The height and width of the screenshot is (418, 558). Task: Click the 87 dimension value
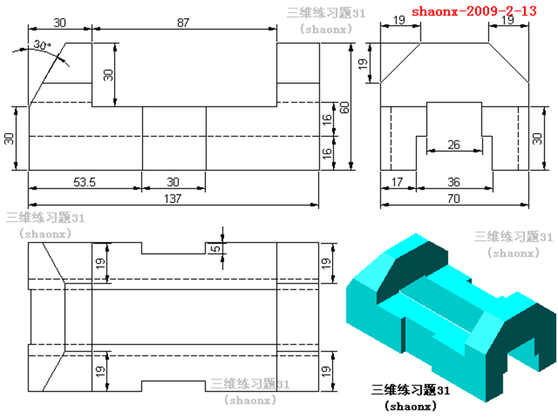pos(184,22)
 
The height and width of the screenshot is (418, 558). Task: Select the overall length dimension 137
pos(173,199)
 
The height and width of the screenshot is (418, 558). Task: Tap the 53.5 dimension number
pos(84,182)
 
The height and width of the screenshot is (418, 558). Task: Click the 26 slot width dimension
pos(454,145)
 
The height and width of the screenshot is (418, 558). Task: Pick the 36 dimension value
pos(454,182)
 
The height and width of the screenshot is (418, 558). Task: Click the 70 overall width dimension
pos(454,199)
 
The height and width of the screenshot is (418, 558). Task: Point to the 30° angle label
pos(42,45)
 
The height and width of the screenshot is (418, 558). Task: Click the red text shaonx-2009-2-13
pos(474,10)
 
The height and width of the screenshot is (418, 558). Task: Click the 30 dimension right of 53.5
pos(173,182)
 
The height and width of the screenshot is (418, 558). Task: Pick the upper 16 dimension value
pos(328,121)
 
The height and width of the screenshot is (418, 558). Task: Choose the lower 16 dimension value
pos(328,153)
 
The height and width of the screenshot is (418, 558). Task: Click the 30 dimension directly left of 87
pos(60,22)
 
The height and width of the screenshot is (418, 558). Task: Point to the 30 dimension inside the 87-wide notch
pos(108,74)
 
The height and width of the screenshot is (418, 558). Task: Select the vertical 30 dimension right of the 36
pos(538,138)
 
